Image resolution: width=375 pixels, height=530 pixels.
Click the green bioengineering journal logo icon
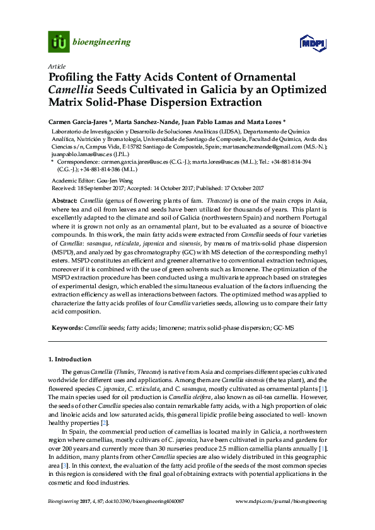pyautogui.click(x=59, y=42)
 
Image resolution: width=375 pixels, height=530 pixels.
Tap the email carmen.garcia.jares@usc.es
pyautogui.click(x=126, y=162)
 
